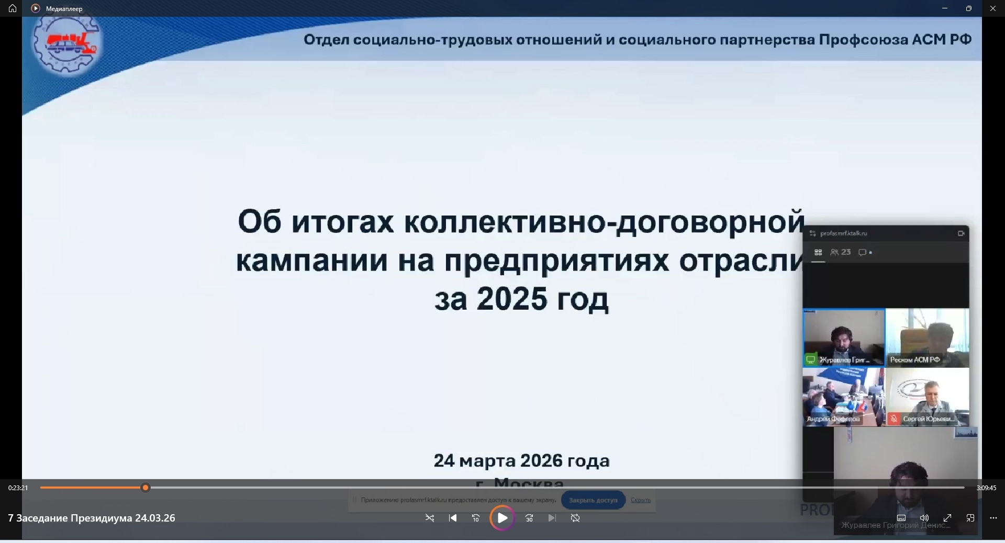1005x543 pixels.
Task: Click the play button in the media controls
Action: pyautogui.click(x=502, y=518)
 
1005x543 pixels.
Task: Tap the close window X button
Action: pyautogui.click(x=992, y=8)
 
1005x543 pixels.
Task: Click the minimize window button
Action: pyautogui.click(x=945, y=8)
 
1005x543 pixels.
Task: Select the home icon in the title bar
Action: pyautogui.click(x=13, y=8)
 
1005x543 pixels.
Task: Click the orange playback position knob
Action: pyautogui.click(x=146, y=488)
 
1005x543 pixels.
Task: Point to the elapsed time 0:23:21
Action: pyautogui.click(x=18, y=488)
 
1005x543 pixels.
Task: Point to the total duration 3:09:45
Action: pyautogui.click(x=986, y=488)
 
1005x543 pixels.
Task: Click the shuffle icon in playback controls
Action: pyautogui.click(x=430, y=518)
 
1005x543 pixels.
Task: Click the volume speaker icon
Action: pyautogui.click(x=924, y=518)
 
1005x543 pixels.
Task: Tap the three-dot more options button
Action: pyautogui.click(x=993, y=518)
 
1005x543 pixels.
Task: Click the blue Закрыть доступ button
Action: pyautogui.click(x=593, y=500)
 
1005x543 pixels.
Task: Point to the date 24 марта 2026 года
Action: pyautogui.click(x=522, y=461)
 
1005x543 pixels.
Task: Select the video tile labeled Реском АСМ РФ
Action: pyautogui.click(x=927, y=337)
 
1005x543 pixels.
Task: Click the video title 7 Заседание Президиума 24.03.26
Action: pyautogui.click(x=92, y=518)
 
